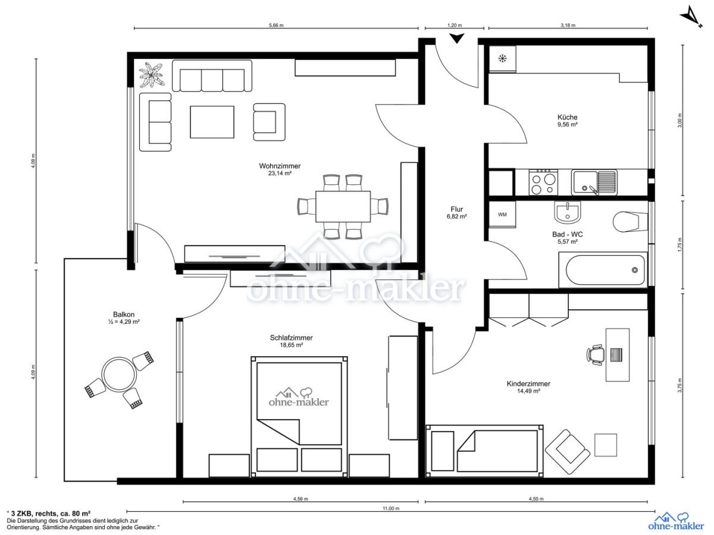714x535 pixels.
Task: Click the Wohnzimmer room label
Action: coord(280,166)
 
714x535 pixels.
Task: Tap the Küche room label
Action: coord(567,117)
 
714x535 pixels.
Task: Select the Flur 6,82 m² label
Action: coord(457,213)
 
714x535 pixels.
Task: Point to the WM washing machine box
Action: coord(502,215)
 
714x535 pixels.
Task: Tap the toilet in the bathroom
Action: coord(630,222)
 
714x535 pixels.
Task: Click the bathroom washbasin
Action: coord(567,212)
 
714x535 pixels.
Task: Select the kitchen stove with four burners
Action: coord(543,182)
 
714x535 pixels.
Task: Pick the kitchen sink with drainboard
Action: coord(594,182)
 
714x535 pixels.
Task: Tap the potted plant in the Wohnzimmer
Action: coord(151,75)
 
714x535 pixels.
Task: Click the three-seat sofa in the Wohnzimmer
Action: coord(212,75)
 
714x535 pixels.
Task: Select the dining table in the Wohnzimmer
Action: coord(343,207)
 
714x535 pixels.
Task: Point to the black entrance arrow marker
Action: coord(457,38)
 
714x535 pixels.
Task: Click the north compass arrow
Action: coord(691,17)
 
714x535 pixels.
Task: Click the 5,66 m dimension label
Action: coord(276,25)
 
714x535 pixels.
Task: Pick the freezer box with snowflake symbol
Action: coord(502,58)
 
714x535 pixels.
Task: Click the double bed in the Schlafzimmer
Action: coord(299,417)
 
